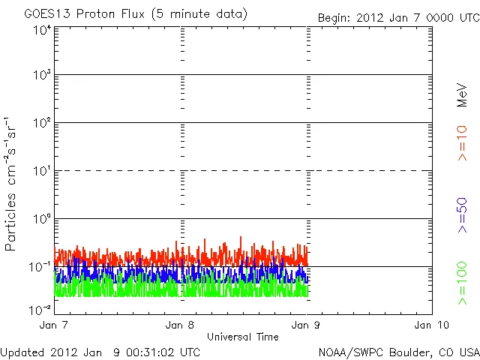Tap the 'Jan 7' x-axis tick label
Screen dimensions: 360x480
[54, 325]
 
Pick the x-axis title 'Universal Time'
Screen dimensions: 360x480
[243, 337]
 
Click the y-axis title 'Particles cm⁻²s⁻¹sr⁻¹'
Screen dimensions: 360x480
[13, 184]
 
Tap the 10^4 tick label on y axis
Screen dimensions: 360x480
[42, 29]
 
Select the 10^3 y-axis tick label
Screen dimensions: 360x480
[42, 76]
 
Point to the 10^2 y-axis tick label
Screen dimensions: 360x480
[42, 124]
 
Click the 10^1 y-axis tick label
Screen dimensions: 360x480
[42, 172]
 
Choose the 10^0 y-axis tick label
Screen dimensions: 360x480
[42, 220]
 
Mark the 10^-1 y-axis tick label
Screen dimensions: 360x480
[40, 268]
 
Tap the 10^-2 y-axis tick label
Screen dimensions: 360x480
[40, 309]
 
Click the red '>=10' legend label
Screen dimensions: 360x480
[463, 143]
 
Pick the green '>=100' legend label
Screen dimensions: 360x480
[463, 283]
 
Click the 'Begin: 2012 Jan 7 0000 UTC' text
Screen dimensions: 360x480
[397, 16]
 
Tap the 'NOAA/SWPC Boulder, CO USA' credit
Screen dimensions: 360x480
[398, 351]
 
